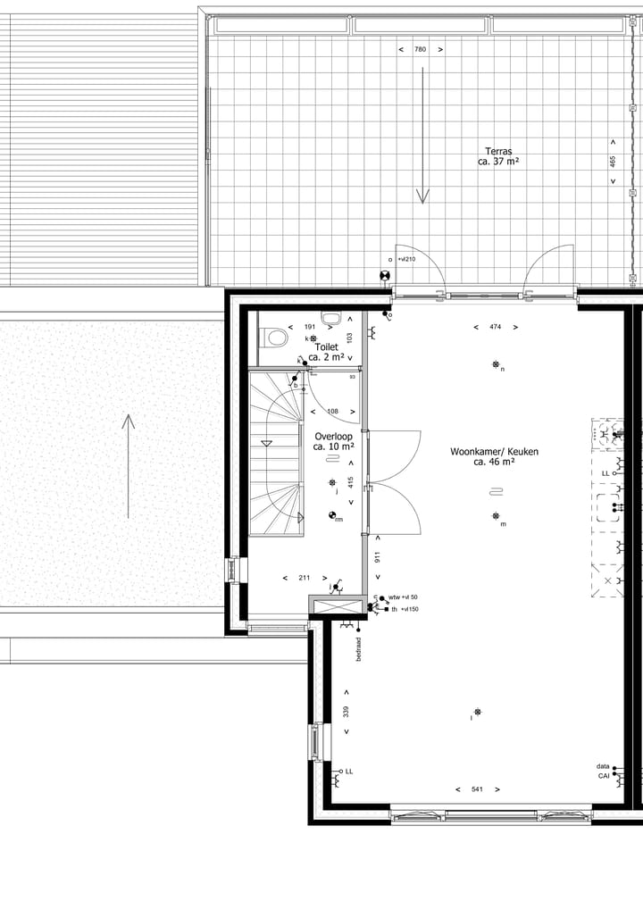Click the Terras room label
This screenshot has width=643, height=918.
(x=498, y=156)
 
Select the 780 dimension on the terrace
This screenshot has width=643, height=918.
(x=420, y=50)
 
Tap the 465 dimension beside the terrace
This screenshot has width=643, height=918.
(x=613, y=162)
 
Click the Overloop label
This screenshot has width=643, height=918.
(x=333, y=440)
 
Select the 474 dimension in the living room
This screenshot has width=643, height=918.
(x=495, y=327)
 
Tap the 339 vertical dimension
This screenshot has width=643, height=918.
(x=346, y=712)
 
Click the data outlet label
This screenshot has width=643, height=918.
(x=604, y=766)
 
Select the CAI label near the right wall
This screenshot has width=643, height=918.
(x=604, y=776)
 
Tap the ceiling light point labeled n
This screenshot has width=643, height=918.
(x=496, y=363)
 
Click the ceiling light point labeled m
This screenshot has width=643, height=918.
(x=496, y=516)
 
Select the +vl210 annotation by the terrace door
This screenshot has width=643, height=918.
(x=405, y=259)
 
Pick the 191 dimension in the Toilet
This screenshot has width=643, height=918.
(x=310, y=327)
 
